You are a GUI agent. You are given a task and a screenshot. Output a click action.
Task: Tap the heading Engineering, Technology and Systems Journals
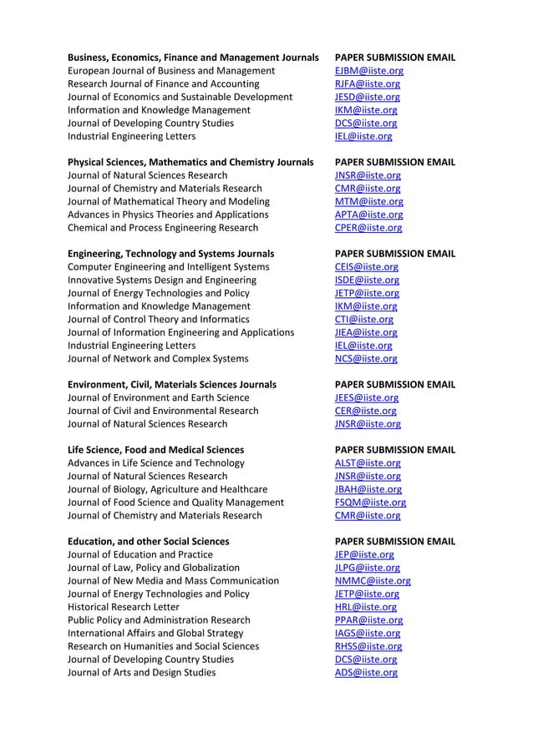[170, 254]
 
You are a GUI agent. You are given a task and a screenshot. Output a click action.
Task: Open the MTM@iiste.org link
[368, 201]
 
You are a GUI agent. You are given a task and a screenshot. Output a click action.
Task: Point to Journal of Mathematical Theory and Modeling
[168, 201]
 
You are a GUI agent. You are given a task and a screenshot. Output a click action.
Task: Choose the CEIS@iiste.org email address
[366, 267]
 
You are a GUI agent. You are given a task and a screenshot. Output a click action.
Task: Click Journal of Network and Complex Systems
[157, 359]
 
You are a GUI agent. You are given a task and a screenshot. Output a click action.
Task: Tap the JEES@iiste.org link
[366, 397]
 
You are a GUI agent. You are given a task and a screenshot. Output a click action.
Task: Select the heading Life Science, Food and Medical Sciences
[155, 450]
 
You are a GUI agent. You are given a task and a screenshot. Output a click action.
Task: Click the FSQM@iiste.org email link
[370, 503]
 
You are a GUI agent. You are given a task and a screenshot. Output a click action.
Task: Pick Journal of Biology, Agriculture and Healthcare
[167, 489]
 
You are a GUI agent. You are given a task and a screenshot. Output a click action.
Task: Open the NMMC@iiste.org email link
[372, 580]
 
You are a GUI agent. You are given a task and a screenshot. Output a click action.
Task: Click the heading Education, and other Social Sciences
[148, 541]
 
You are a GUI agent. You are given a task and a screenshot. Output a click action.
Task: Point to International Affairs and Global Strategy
[155, 633]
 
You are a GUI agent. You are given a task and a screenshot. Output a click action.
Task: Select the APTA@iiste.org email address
[368, 215]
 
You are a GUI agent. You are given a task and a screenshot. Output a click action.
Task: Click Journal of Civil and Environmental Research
[163, 411]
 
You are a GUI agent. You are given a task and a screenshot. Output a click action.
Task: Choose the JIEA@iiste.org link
[365, 332]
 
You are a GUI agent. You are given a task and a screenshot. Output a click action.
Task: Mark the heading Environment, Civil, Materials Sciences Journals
[171, 385]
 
